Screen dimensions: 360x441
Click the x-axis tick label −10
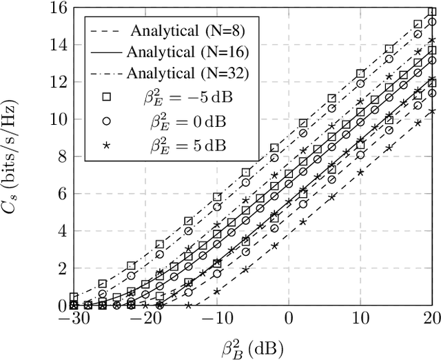tap(217, 319)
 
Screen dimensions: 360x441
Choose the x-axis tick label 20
tap(431, 319)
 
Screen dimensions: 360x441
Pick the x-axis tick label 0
tap(289, 319)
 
